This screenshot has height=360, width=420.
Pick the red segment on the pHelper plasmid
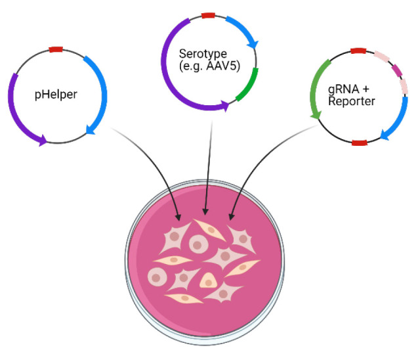pyautogui.click(x=56, y=49)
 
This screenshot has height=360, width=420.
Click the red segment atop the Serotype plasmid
pyautogui.click(x=208, y=15)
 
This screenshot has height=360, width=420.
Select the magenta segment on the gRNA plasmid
pyautogui.click(x=396, y=70)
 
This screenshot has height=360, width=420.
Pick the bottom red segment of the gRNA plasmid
pyautogui.click(x=358, y=143)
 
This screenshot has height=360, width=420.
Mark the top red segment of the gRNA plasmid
pyautogui.click(x=358, y=50)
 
